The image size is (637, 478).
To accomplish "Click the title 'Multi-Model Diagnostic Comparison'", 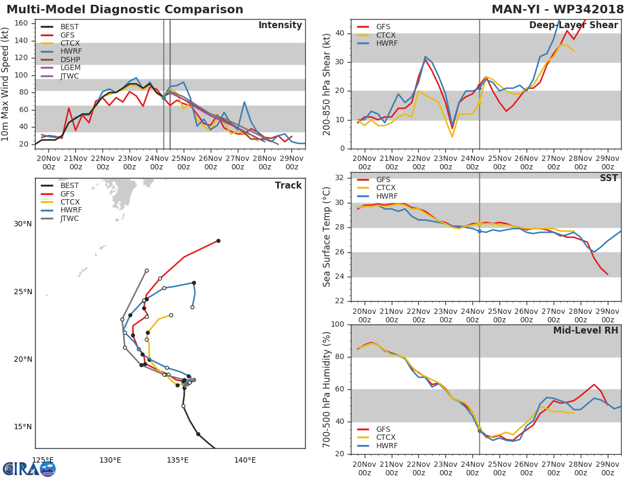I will (x=125, y=10).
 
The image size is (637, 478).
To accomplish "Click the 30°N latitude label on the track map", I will (x=22, y=224).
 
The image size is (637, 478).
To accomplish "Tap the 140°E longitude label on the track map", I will (x=245, y=460).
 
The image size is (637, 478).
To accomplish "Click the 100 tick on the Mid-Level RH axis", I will (x=338, y=324).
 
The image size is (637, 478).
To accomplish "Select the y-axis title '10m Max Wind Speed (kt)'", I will (x=6, y=84).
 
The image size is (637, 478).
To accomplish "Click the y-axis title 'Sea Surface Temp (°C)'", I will (x=326, y=237).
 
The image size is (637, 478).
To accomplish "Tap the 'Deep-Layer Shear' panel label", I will (x=573, y=25).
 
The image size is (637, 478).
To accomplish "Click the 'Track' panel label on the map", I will (x=288, y=185).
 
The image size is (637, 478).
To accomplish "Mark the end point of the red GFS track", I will (x=218, y=241).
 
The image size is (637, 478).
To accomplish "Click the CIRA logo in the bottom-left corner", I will (x=29, y=468).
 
